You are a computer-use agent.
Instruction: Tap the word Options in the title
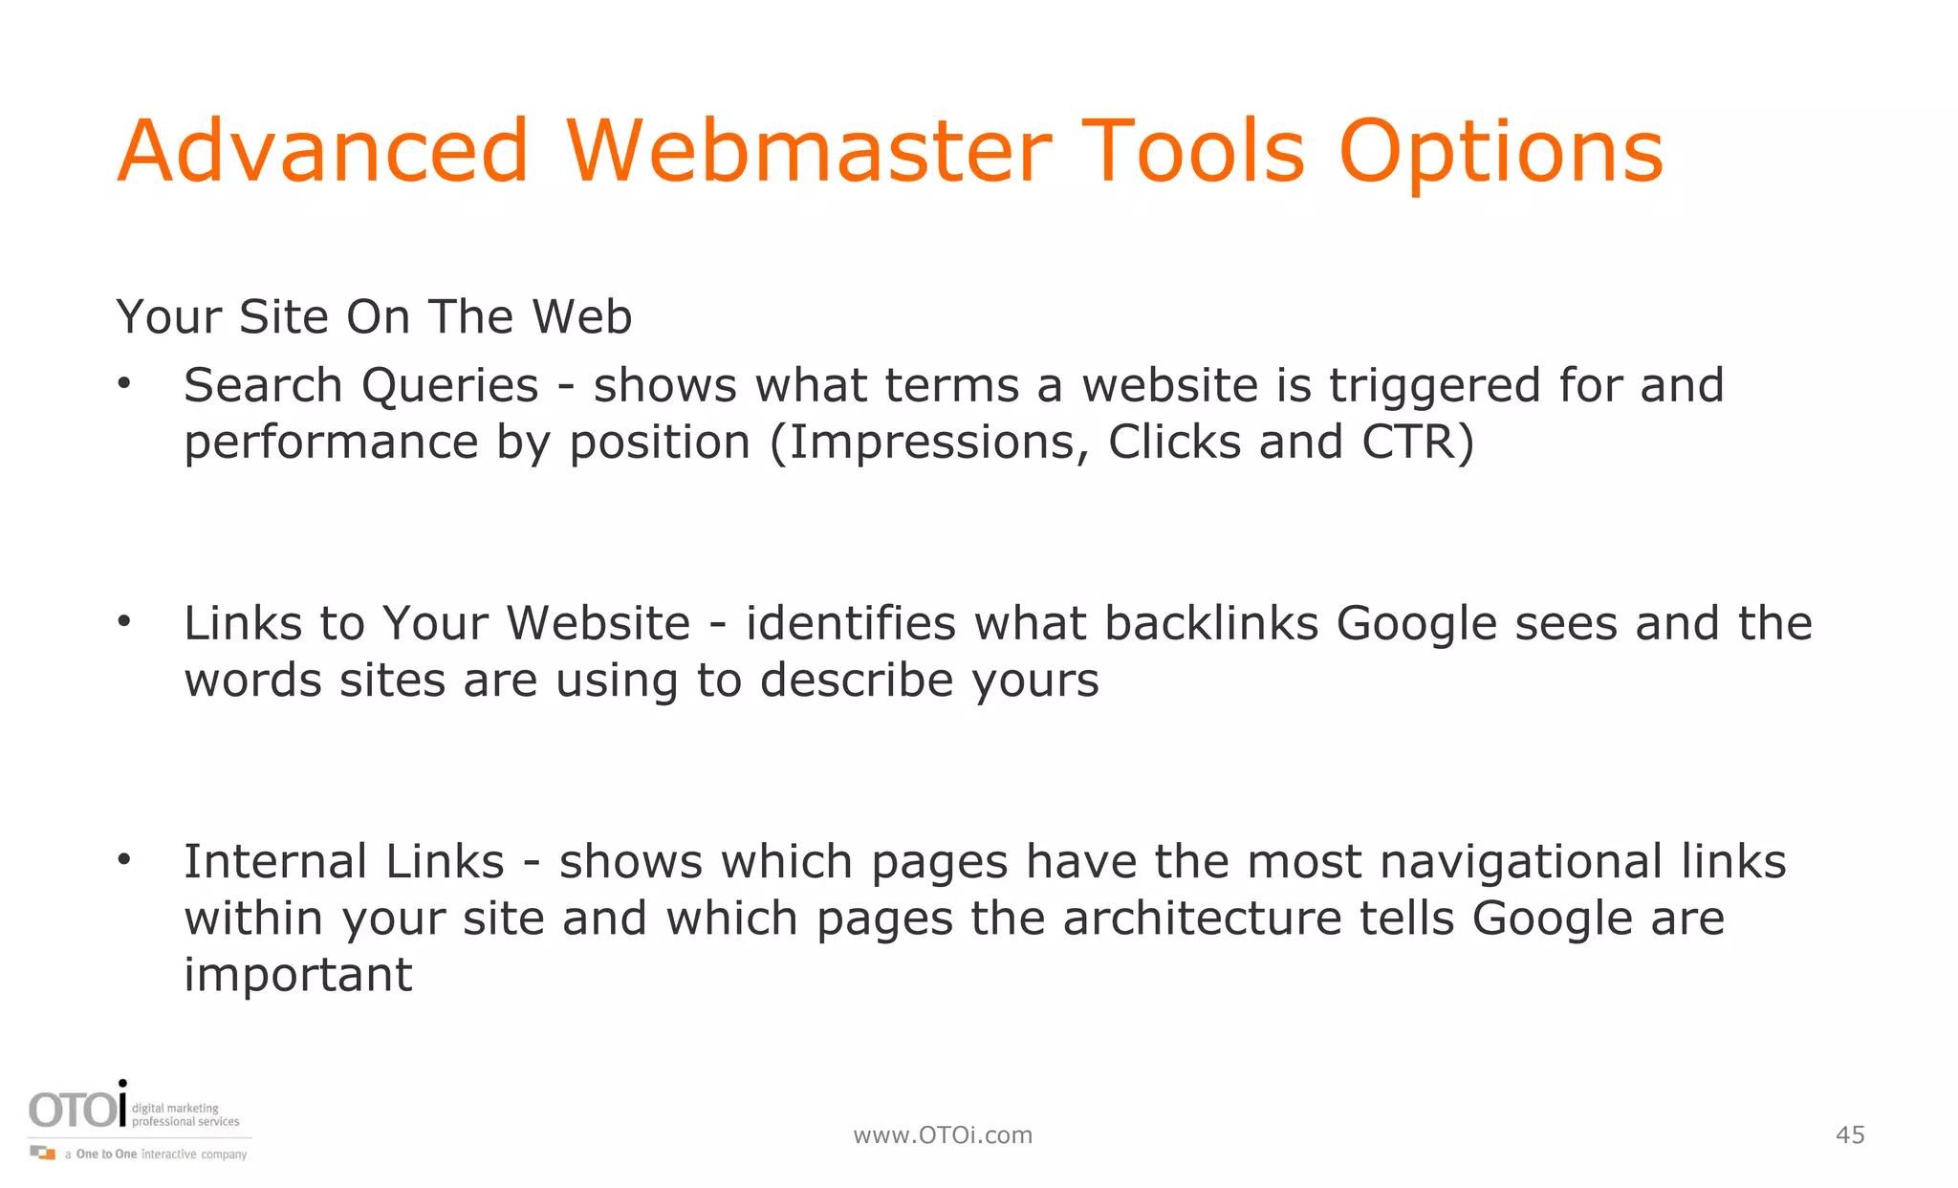pyautogui.click(x=1501, y=153)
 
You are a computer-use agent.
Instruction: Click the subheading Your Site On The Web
pyautogui.click(x=374, y=316)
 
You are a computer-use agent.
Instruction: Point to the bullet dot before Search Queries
pyautogui.click(x=123, y=385)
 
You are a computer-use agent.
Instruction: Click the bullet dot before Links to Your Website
pyautogui.click(x=123, y=623)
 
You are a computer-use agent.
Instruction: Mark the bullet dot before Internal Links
pyautogui.click(x=123, y=861)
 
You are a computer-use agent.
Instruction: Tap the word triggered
pyautogui.click(x=1435, y=387)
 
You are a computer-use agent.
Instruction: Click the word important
pyautogui.click(x=297, y=975)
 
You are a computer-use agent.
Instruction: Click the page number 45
pyautogui.click(x=1850, y=1134)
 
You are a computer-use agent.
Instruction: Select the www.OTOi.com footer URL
pyautogui.click(x=943, y=1134)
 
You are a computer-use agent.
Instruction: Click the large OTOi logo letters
pyautogui.click(x=76, y=1110)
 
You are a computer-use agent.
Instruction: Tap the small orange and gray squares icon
pyautogui.click(x=43, y=1153)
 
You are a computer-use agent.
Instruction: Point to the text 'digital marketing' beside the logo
pyautogui.click(x=175, y=1108)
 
